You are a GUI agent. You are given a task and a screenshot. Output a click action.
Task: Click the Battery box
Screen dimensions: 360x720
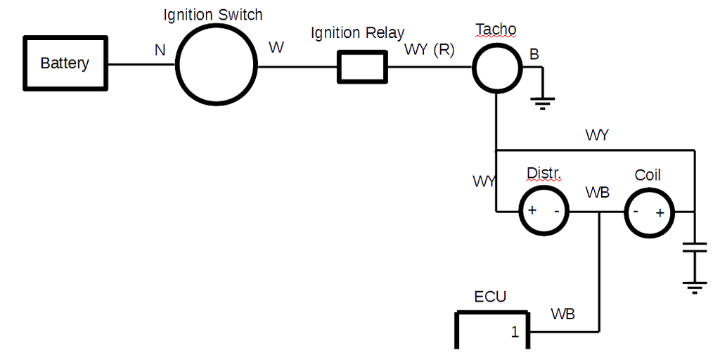(65, 63)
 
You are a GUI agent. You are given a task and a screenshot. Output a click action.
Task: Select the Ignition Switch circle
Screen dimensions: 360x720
(217, 64)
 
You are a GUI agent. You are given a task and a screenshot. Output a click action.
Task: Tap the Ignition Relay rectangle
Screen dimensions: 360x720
(363, 67)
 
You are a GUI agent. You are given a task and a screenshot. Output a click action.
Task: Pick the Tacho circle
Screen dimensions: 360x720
(497, 67)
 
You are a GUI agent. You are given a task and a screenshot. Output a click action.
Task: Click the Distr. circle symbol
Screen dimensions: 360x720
(544, 211)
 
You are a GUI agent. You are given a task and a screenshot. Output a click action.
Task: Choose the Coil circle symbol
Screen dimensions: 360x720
(649, 212)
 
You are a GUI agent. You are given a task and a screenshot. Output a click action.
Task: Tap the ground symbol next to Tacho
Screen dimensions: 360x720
(541, 103)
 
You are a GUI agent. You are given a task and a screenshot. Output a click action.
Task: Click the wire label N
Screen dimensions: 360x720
(160, 51)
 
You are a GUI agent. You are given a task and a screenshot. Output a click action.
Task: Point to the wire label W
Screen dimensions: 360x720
(276, 48)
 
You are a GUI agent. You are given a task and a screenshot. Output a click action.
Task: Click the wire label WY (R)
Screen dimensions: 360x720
(429, 51)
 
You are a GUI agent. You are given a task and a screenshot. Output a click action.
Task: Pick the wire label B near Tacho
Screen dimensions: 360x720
(535, 55)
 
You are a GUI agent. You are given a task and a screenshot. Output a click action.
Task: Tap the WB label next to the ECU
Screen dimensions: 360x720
(562, 314)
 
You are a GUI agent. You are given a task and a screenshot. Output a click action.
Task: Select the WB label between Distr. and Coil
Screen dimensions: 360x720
(597, 191)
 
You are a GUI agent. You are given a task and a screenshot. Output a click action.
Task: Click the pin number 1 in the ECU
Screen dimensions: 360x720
(515, 331)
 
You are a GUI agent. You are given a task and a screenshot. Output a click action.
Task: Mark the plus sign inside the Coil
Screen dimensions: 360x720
(660, 212)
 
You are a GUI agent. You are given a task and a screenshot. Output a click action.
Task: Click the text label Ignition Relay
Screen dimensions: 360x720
(358, 32)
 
